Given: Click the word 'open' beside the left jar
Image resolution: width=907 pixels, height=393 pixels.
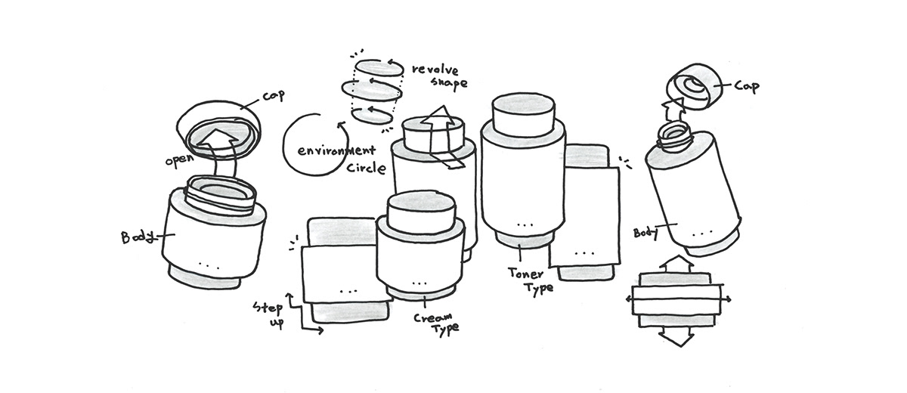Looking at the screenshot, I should pos(180,161).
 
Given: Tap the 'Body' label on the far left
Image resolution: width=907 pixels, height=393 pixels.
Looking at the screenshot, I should pos(137,237).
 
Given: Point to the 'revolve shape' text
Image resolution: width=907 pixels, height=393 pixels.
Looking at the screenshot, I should pos(438,76).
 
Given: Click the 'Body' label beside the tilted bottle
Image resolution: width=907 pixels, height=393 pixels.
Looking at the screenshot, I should pos(647,231).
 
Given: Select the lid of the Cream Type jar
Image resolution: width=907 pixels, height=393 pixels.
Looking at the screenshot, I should pos(420,212).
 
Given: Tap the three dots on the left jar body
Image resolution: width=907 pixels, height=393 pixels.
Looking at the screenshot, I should pos(208,264).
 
